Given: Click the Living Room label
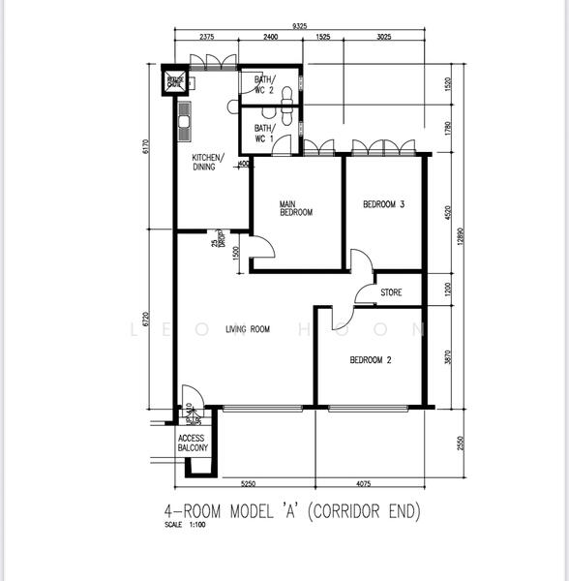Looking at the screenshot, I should click(x=247, y=330).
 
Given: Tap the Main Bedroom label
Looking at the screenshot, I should click(x=295, y=208).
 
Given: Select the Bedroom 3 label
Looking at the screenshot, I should click(x=383, y=204).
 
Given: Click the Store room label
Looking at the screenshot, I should click(x=391, y=291).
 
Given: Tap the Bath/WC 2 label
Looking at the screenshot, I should click(x=264, y=84).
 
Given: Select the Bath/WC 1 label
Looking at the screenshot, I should click(x=264, y=133).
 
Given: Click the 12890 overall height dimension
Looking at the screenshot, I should click(x=461, y=237).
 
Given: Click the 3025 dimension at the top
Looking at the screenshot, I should click(x=384, y=38).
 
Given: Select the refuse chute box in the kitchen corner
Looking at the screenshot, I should click(x=175, y=81).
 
